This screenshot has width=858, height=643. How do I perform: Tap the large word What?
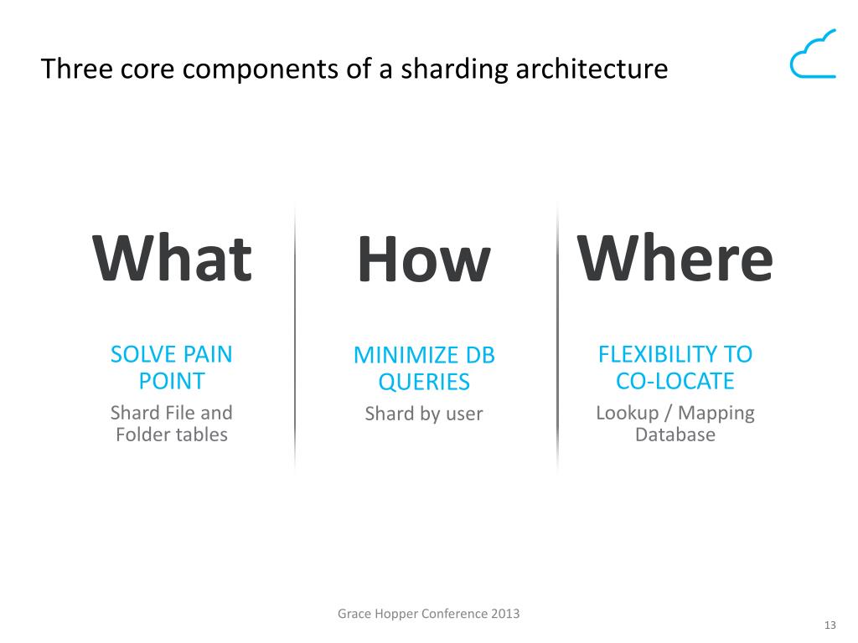tap(172, 259)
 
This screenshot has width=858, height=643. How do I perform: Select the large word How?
tap(423, 260)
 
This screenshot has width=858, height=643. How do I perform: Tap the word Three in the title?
tap(71, 69)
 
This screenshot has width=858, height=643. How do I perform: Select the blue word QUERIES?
tap(424, 383)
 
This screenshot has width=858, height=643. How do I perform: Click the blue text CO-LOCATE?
tap(675, 382)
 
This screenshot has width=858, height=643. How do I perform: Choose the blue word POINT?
tap(172, 382)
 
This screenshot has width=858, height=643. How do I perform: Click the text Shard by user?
tap(424, 414)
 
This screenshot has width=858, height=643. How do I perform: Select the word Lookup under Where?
tap(627, 413)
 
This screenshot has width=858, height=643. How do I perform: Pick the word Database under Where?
tap(675, 435)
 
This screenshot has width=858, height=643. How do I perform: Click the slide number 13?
tap(831, 625)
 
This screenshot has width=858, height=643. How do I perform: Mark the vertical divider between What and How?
tap(295, 335)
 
